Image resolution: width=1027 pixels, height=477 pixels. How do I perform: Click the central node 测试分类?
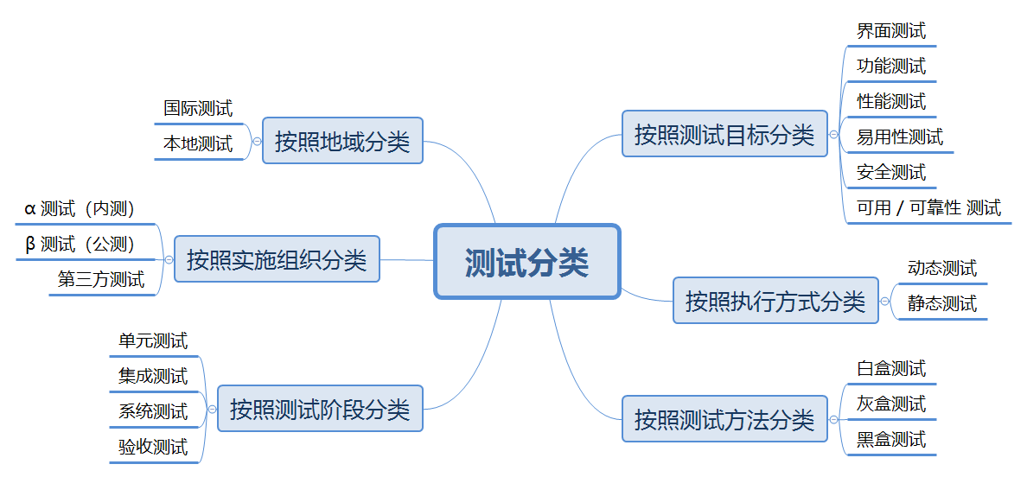[x=527, y=262]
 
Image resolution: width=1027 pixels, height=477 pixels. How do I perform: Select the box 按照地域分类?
[x=342, y=140]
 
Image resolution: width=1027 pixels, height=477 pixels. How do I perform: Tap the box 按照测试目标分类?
[x=724, y=134]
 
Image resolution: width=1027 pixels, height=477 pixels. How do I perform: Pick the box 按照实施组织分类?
[x=277, y=258]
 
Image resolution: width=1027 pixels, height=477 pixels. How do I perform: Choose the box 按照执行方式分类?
[x=775, y=301]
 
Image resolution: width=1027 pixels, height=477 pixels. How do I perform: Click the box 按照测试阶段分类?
[x=320, y=408]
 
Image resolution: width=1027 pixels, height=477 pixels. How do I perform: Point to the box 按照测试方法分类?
[x=724, y=420]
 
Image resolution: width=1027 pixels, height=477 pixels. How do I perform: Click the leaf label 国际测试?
[x=198, y=108]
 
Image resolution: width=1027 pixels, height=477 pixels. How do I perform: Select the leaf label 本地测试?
[x=198, y=143]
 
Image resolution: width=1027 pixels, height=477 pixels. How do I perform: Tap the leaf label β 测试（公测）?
[x=80, y=244]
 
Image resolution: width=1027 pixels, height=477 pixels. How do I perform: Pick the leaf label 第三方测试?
[x=101, y=279]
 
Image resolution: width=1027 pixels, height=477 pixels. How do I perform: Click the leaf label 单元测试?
[x=153, y=340]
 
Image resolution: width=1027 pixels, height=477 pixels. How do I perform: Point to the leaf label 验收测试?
[x=153, y=447]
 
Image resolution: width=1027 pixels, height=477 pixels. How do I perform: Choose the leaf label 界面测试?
[x=891, y=31]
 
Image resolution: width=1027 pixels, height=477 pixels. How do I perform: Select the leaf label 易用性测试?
[x=900, y=137]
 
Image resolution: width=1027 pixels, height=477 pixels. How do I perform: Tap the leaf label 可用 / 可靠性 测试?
[x=928, y=207]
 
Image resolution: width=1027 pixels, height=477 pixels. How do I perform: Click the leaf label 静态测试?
[x=942, y=303]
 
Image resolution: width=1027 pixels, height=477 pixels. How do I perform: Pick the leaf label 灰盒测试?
[x=891, y=404]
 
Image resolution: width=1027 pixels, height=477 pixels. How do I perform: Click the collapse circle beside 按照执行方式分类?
[x=884, y=301]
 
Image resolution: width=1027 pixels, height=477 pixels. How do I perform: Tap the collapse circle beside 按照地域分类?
[x=257, y=140]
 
